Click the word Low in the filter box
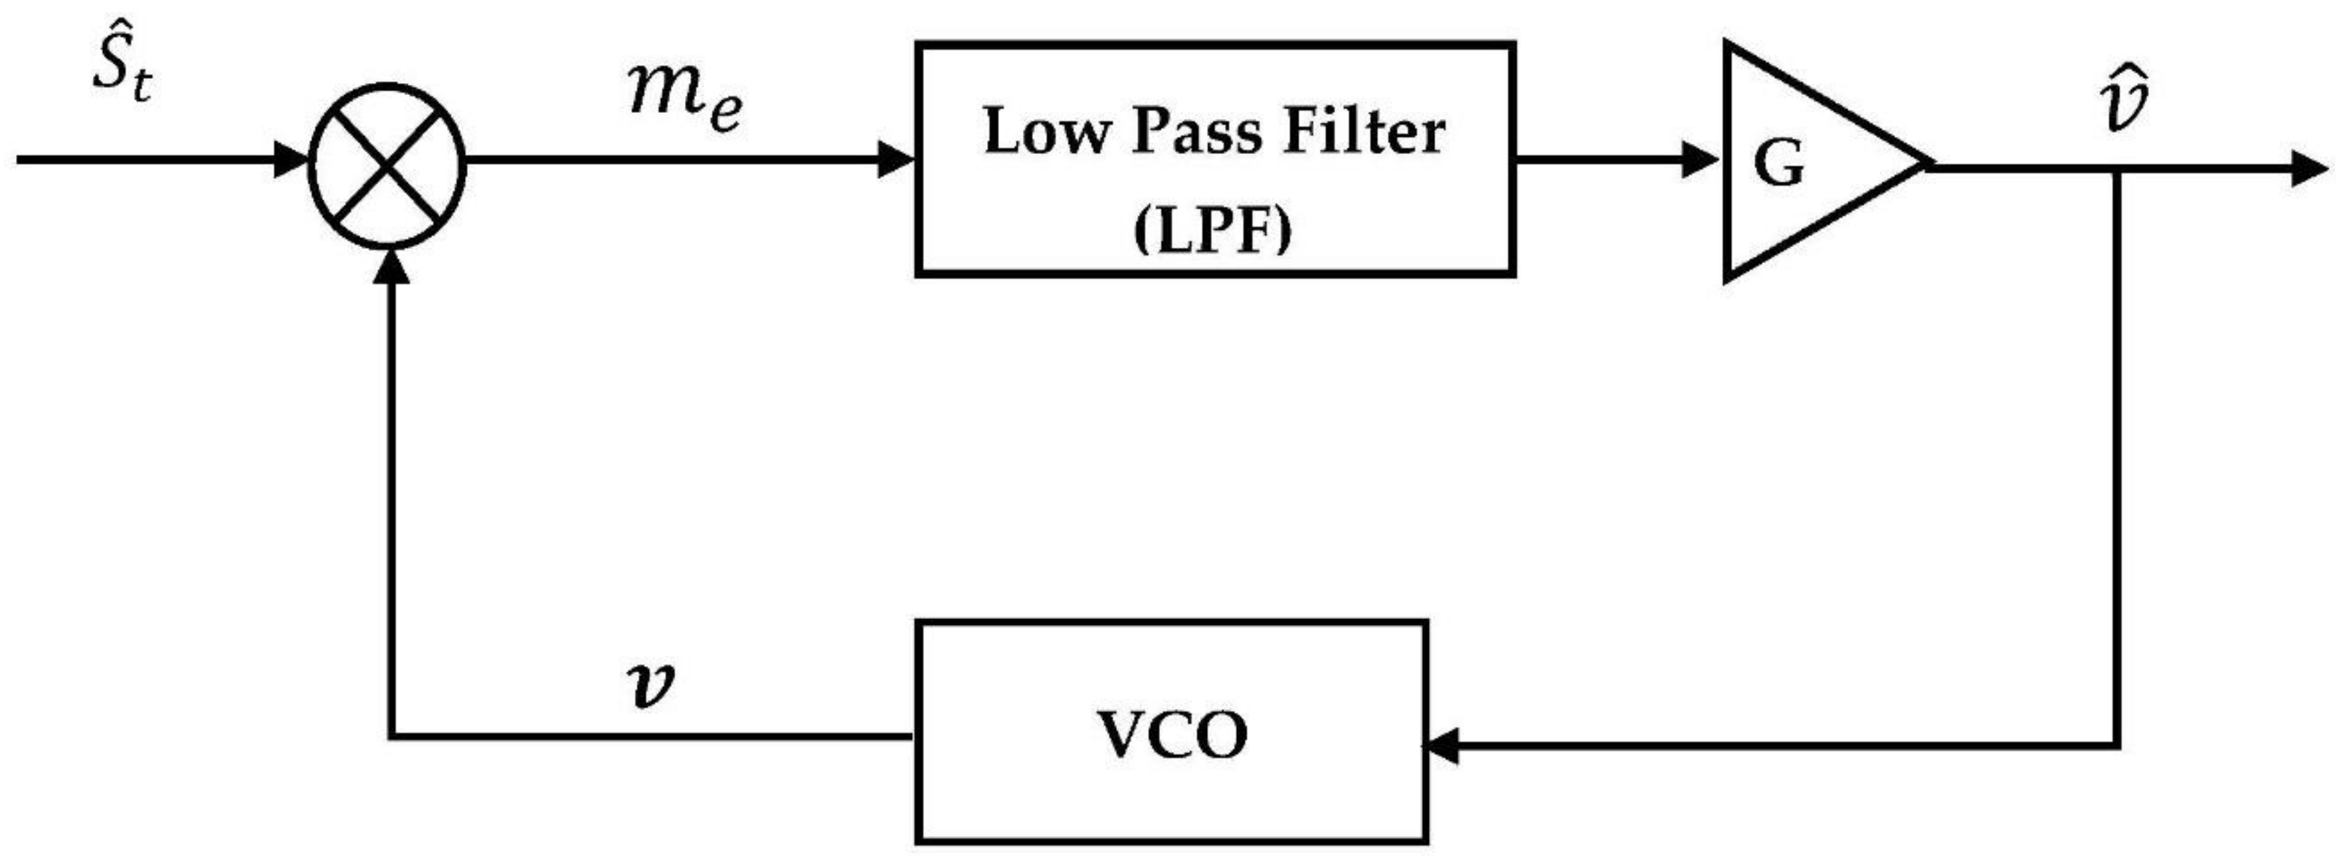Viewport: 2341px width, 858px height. (1046, 131)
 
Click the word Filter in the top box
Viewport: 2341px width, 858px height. (1363, 131)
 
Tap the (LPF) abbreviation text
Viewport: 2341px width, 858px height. (1213, 231)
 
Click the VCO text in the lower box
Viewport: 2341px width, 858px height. (1172, 734)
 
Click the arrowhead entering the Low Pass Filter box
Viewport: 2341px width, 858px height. (895, 160)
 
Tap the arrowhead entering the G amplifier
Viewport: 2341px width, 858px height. (1699, 160)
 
